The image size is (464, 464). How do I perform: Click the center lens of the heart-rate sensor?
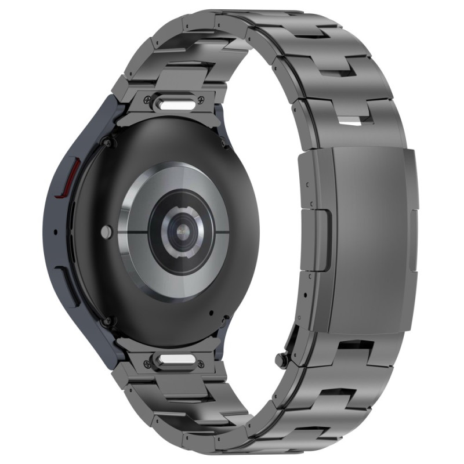[x=184, y=231]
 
